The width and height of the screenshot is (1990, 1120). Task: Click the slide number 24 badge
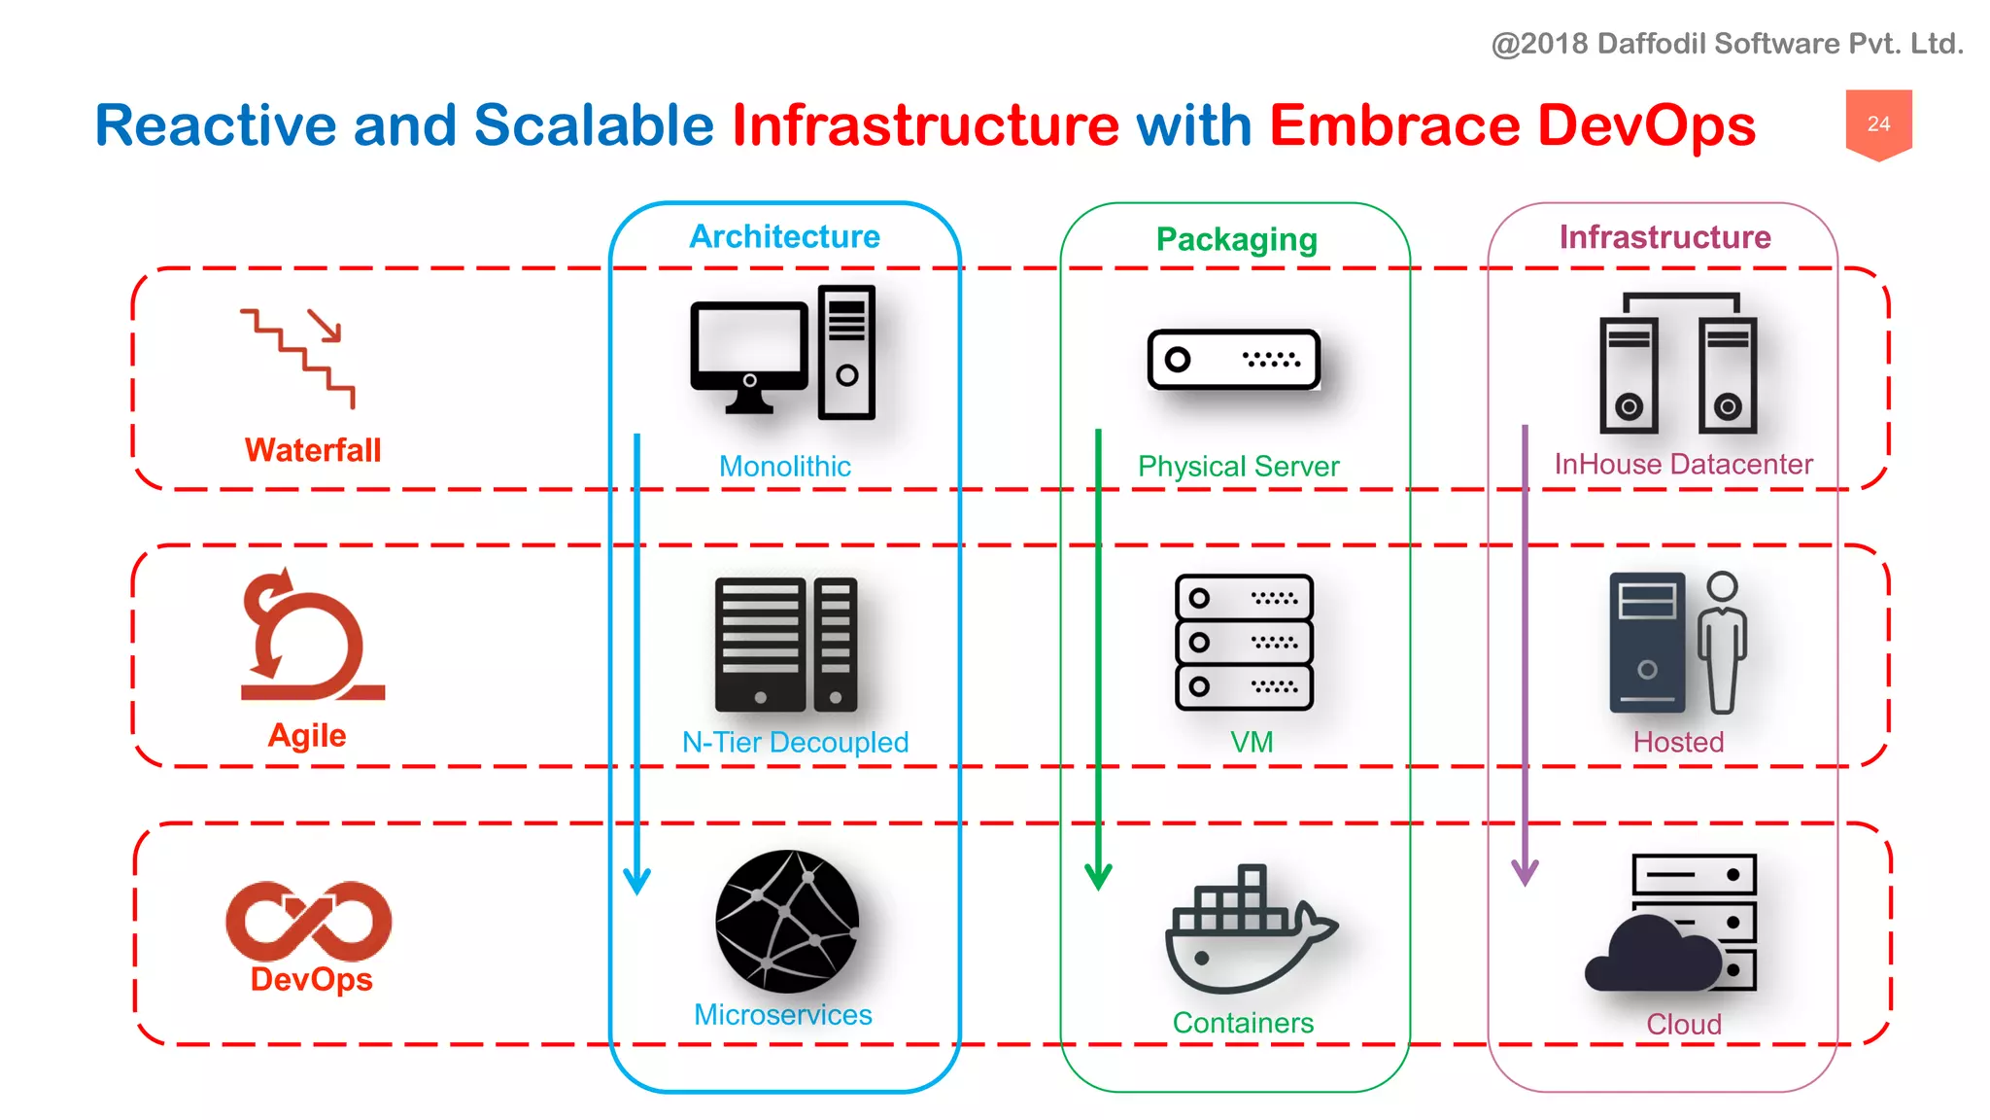(x=1878, y=123)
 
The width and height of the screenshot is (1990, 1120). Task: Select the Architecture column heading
(x=784, y=236)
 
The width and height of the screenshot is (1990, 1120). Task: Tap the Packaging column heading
(x=1236, y=239)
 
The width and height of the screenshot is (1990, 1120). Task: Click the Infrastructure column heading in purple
(x=1664, y=237)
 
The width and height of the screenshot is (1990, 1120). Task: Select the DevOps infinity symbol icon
(x=308, y=920)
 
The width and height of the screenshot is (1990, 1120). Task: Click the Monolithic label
(x=784, y=467)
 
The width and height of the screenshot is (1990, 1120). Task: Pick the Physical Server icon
(x=1233, y=360)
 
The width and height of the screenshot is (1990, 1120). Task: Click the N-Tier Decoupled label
(x=795, y=743)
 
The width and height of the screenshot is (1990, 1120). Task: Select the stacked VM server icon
(x=1243, y=642)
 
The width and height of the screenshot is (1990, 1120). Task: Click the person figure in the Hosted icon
(x=1722, y=642)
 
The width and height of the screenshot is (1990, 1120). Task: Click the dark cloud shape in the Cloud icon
(x=1652, y=958)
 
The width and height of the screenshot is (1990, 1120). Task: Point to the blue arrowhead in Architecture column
(x=636, y=880)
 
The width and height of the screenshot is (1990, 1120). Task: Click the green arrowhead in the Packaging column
(x=1098, y=876)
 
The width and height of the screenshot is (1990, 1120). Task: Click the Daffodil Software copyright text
(x=1727, y=44)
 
